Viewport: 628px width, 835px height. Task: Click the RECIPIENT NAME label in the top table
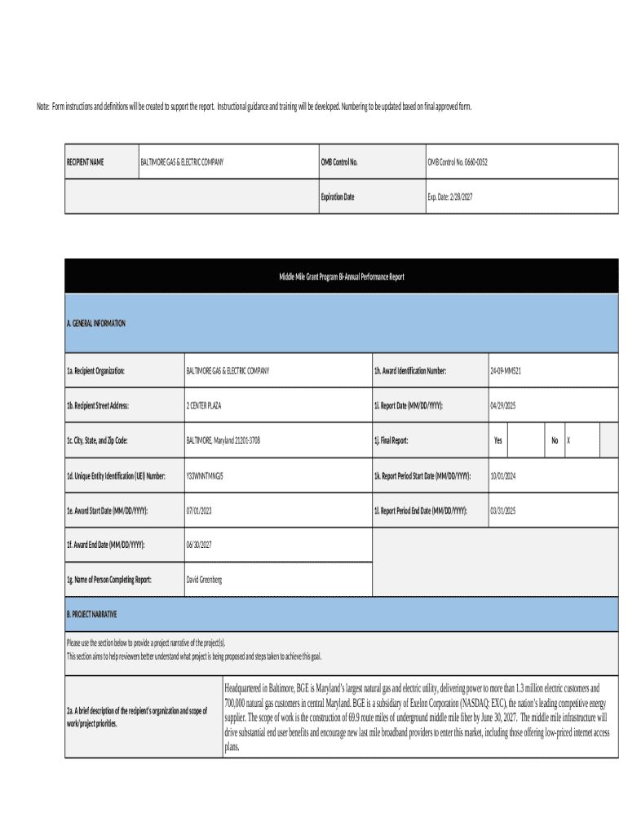coord(85,162)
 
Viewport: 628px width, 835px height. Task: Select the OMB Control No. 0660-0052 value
coord(458,162)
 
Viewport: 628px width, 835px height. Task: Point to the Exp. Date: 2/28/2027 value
coord(450,197)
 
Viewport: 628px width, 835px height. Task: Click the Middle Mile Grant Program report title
coord(341,277)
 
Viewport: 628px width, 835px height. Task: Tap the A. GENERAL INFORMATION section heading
coord(96,324)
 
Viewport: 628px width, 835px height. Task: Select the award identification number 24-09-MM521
coord(506,371)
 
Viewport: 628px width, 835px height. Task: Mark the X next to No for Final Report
coord(568,440)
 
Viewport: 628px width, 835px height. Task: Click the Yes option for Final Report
coord(498,440)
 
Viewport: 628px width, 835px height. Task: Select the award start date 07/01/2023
coord(199,510)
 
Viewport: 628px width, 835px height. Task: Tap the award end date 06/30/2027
coord(199,545)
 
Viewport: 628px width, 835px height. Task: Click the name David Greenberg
coord(204,580)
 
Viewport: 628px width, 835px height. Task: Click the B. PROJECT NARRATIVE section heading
coord(92,614)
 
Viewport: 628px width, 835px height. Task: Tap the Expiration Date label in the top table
coord(338,197)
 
